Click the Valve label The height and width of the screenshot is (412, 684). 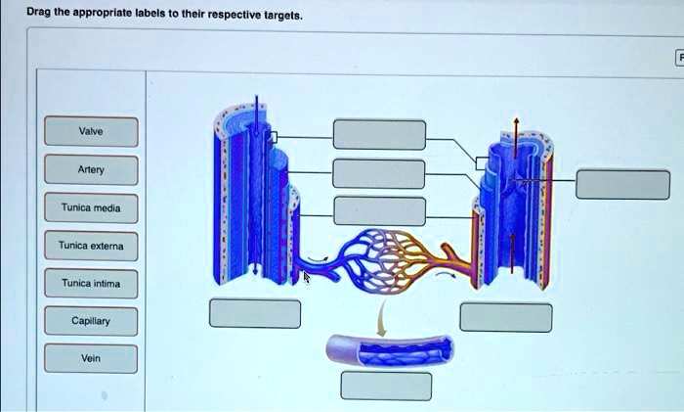90,131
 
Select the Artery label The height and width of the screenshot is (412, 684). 90,169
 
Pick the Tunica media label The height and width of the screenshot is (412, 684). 90,207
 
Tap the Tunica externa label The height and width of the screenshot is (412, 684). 90,246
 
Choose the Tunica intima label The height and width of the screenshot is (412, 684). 90,284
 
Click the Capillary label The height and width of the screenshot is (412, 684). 90,321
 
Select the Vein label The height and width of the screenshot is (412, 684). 90,358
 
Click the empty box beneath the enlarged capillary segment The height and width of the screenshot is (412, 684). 385,386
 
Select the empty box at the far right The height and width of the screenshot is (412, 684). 622,184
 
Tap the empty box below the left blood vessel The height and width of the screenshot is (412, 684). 255,313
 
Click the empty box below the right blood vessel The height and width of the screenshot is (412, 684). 506,317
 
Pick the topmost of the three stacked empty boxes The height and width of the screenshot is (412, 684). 379,134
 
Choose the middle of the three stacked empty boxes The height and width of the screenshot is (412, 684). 379,173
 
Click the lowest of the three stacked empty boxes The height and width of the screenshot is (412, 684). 379,210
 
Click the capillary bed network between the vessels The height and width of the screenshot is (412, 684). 381,256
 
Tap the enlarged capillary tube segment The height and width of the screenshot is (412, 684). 389,347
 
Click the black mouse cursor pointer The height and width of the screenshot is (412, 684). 306,276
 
